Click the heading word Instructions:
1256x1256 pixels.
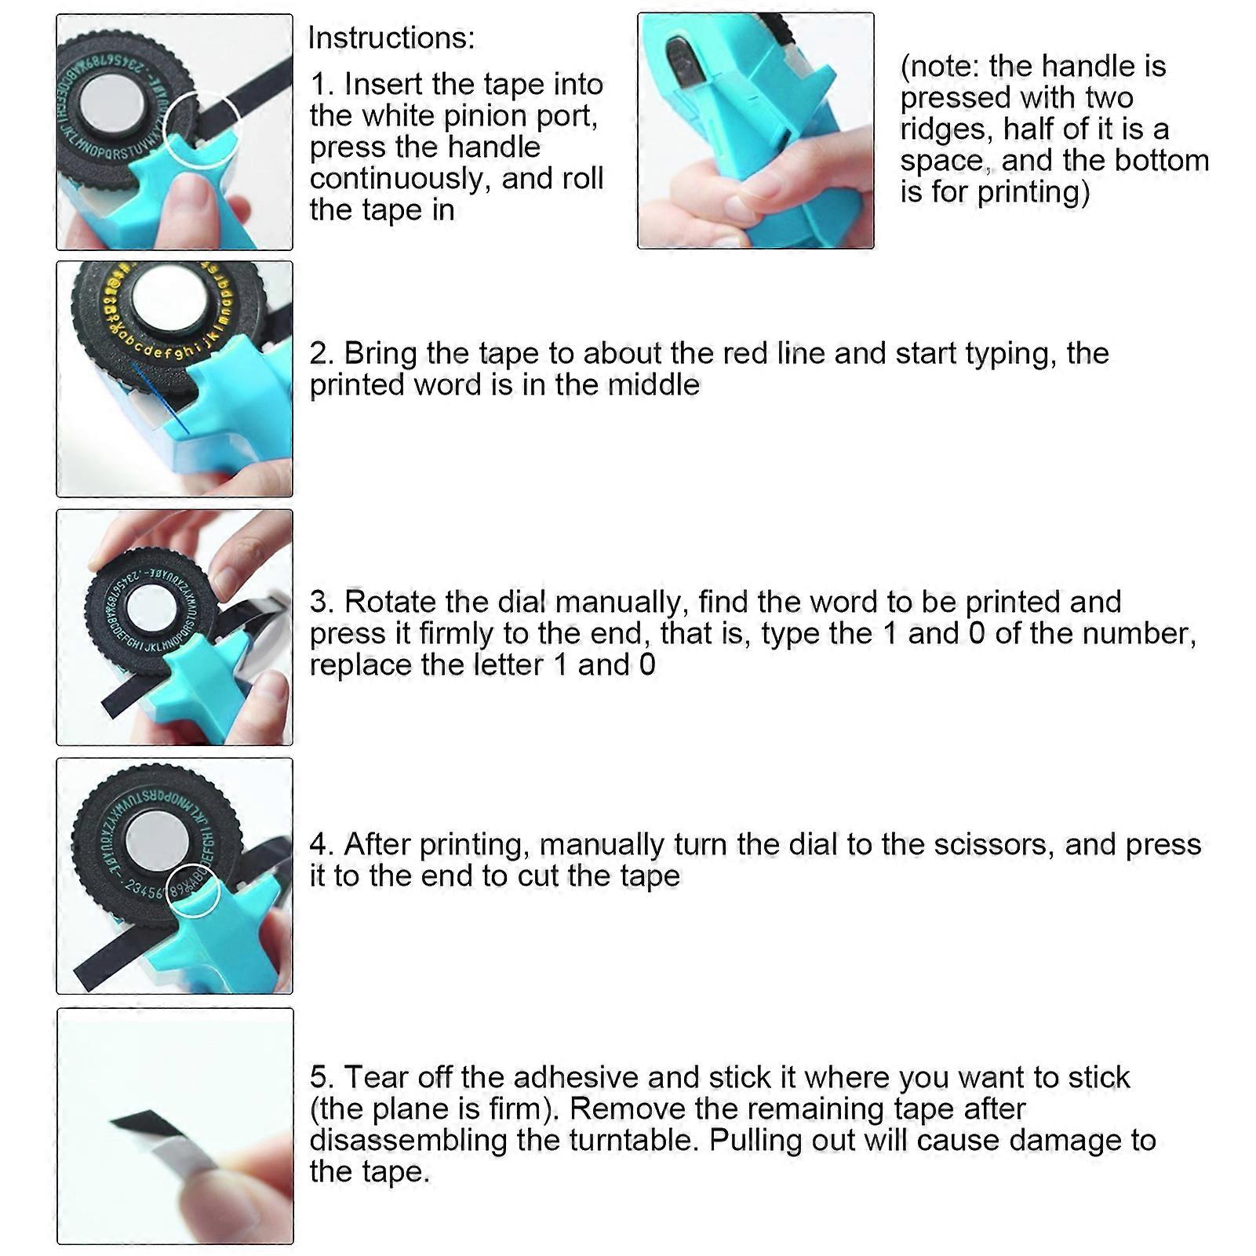391,38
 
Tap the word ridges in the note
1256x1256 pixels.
945,129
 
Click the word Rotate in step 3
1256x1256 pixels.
390,602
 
